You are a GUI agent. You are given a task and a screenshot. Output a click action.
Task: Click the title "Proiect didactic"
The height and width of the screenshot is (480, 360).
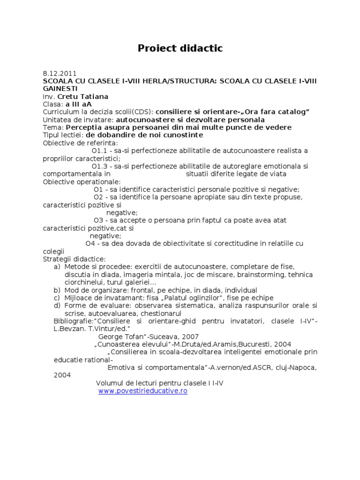[180, 48]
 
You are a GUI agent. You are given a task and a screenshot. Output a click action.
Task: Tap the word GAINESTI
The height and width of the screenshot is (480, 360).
[60, 89]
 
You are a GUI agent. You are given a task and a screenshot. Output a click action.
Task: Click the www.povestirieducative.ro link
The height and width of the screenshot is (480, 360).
[143, 391]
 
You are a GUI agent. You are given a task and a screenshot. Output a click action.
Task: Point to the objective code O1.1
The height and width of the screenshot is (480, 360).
[100, 150]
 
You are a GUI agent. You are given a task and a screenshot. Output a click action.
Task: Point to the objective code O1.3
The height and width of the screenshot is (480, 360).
[100, 166]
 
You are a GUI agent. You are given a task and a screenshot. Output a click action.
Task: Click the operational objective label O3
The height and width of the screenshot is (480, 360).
[98, 220]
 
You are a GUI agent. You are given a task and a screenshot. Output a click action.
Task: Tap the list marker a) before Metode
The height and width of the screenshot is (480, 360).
[57, 266]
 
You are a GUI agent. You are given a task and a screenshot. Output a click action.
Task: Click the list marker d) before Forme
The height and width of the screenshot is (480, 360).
[57, 305]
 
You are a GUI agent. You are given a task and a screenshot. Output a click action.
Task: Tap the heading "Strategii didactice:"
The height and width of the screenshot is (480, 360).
[75, 259]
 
